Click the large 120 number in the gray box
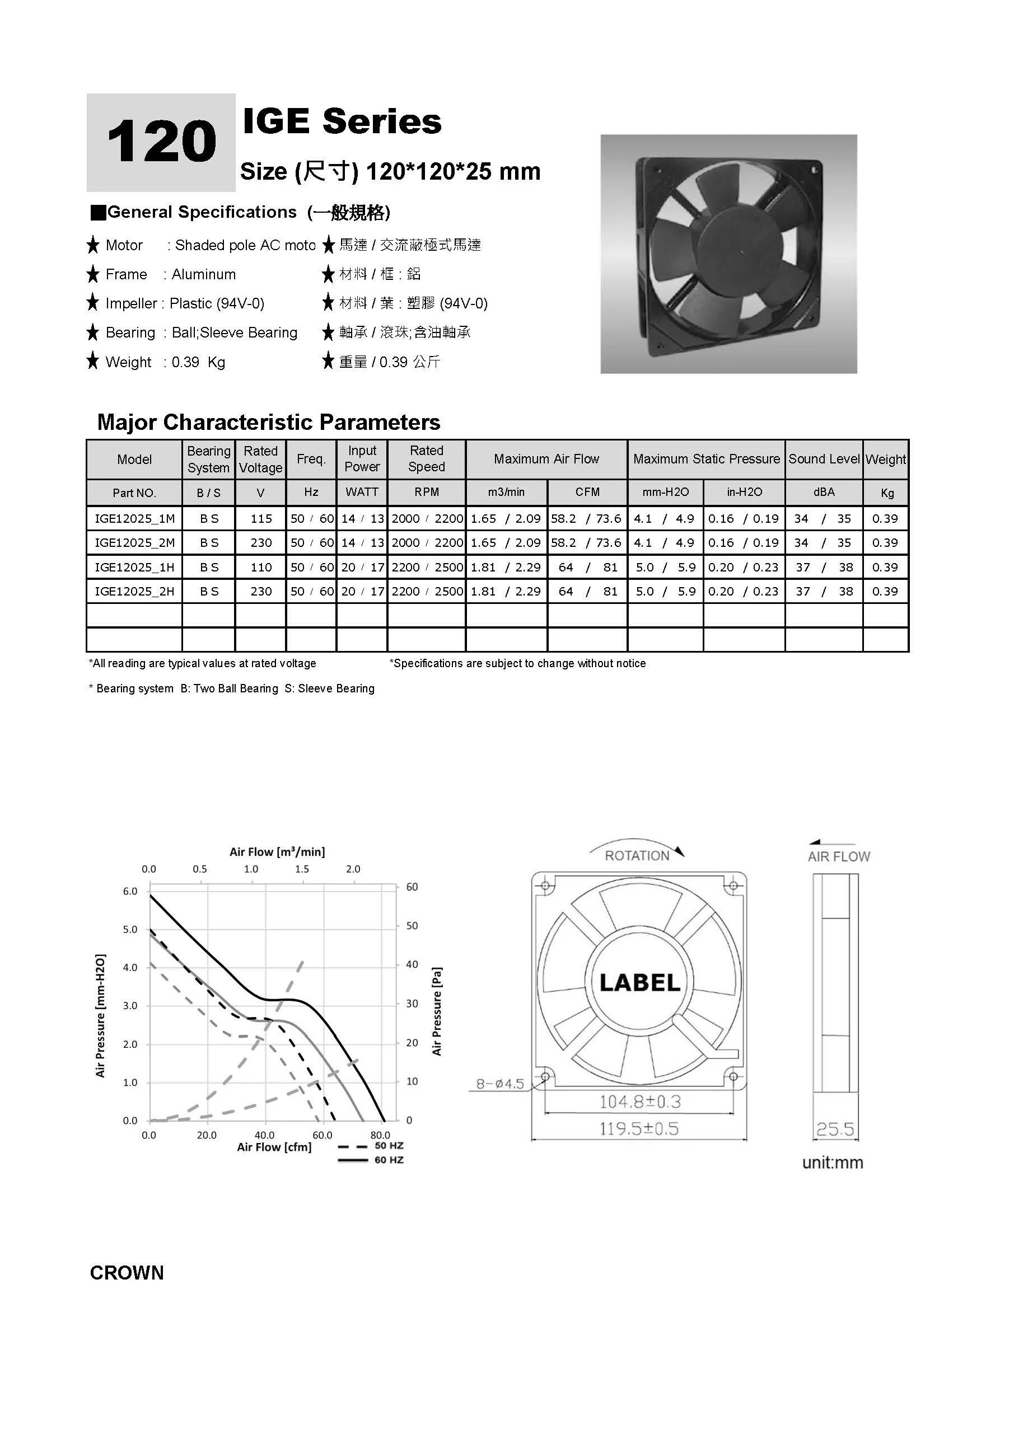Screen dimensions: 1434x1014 point(161,142)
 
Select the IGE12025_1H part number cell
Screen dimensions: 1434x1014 point(134,567)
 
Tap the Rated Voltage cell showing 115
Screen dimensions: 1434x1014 point(261,518)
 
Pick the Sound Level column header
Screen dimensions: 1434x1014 point(824,459)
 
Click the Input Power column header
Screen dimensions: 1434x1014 point(362,459)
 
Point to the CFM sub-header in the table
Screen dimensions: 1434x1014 point(587,492)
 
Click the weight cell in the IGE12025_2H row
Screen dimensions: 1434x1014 point(885,592)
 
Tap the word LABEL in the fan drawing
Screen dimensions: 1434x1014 point(640,983)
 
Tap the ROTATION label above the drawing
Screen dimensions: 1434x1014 point(637,856)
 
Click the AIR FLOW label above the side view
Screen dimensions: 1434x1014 point(838,856)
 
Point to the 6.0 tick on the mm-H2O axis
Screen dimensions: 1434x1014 point(130,891)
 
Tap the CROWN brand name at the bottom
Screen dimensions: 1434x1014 point(127,1273)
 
